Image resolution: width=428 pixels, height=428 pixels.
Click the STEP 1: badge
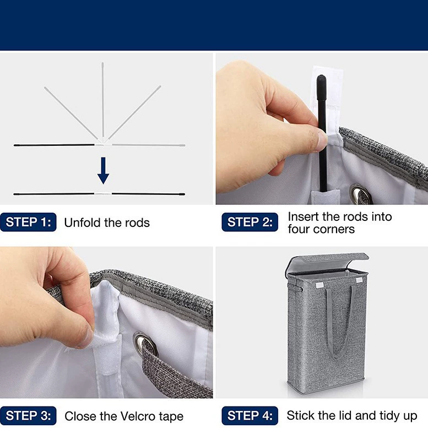[x=29, y=222]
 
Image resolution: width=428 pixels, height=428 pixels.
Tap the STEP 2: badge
[x=250, y=222]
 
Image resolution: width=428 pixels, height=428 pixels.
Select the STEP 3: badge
[x=29, y=416]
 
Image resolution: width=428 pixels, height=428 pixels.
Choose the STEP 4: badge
[x=250, y=416]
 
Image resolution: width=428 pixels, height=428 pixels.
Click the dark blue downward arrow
[x=103, y=170]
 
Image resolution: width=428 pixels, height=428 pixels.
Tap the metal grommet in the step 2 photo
[x=361, y=193]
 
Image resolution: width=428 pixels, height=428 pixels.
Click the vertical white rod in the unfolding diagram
[x=103, y=100]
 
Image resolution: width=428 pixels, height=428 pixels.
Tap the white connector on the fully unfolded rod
[x=103, y=193]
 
